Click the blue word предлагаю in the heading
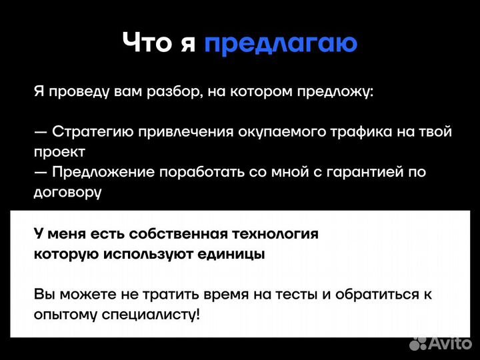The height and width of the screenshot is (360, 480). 281,43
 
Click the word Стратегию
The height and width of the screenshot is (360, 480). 93,131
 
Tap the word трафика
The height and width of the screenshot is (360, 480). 360,131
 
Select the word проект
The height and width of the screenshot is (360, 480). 60,151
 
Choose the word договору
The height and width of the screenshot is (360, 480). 67,191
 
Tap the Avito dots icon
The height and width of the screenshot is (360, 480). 418,343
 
